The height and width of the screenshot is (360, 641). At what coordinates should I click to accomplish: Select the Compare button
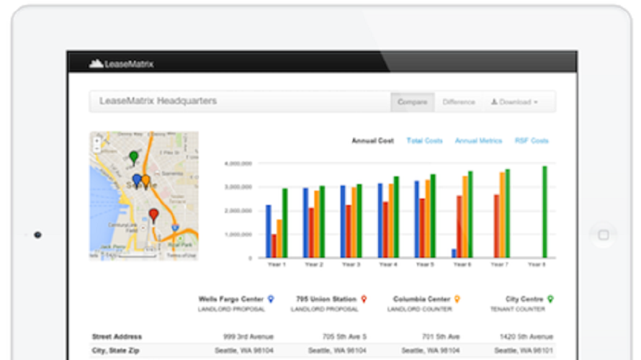coord(412,102)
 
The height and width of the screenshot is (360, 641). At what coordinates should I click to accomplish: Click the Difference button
coord(459,102)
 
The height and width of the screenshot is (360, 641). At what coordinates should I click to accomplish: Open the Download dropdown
coord(514,102)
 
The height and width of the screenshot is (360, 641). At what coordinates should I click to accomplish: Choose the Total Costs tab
coord(424,141)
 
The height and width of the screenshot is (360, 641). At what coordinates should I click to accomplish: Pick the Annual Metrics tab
coord(478,141)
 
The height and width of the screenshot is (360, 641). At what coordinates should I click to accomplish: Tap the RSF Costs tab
coord(531,141)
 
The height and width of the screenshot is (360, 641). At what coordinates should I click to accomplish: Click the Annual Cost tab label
coord(372,141)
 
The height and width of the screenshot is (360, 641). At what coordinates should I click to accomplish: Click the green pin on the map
coord(133,156)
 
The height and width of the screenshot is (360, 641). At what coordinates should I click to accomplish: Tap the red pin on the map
coord(153,214)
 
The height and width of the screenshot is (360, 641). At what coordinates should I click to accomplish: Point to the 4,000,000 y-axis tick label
coord(238,164)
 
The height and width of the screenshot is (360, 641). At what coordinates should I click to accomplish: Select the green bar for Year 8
coord(544,212)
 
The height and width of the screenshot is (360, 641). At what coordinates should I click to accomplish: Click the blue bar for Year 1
coord(269,231)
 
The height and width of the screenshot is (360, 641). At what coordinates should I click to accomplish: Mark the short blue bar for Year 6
coord(454,253)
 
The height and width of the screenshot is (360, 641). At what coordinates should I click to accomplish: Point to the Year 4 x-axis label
coord(388,265)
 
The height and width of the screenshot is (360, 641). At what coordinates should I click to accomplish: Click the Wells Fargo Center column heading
coord(232,299)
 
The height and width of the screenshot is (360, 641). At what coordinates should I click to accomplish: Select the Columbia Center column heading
coord(422,299)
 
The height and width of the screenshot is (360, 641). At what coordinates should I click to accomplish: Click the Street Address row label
coord(117,336)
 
